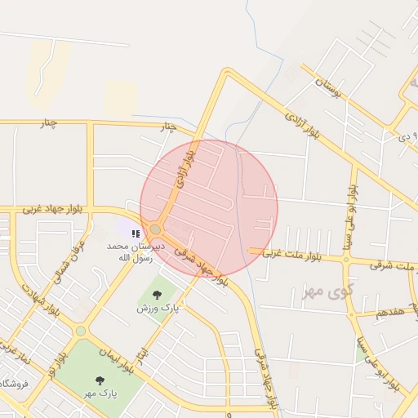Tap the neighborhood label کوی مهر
click(319, 291)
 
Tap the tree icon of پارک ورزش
click(157, 295)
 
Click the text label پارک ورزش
click(157, 309)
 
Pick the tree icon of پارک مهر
click(100, 380)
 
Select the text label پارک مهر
click(100, 393)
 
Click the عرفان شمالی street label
click(70, 262)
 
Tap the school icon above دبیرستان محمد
click(136, 233)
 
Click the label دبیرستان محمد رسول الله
click(135, 251)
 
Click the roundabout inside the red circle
click(155, 229)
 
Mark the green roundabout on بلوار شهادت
click(80, 331)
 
